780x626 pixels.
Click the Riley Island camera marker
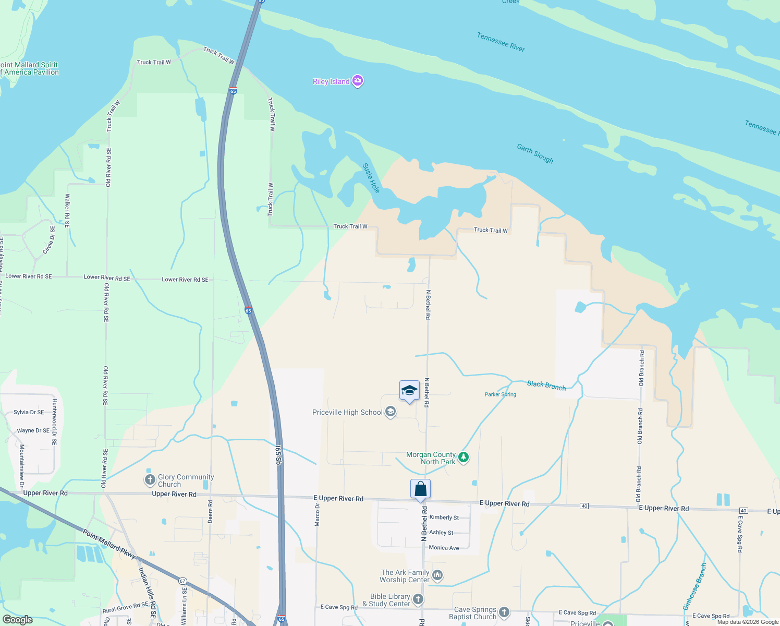(x=358, y=81)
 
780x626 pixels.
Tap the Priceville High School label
(x=347, y=412)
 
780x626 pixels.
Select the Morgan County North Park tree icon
(x=463, y=458)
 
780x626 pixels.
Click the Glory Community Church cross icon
(x=150, y=479)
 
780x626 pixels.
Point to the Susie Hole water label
(x=371, y=178)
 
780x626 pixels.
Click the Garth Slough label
(x=535, y=153)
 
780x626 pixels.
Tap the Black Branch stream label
(x=546, y=386)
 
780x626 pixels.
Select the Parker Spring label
(x=501, y=394)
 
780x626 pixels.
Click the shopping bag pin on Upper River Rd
(x=420, y=490)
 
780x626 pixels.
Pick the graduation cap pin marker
(x=409, y=391)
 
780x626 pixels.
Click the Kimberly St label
(x=444, y=517)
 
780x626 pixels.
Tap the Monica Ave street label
(x=444, y=548)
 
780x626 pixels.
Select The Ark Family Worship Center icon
(x=437, y=575)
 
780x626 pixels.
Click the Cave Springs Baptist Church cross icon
(x=504, y=612)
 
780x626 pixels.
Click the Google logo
(x=17, y=619)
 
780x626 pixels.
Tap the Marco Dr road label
(x=318, y=515)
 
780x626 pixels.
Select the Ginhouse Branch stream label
(x=695, y=586)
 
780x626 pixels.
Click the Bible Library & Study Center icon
(x=418, y=599)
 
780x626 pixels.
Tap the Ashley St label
(x=441, y=533)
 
